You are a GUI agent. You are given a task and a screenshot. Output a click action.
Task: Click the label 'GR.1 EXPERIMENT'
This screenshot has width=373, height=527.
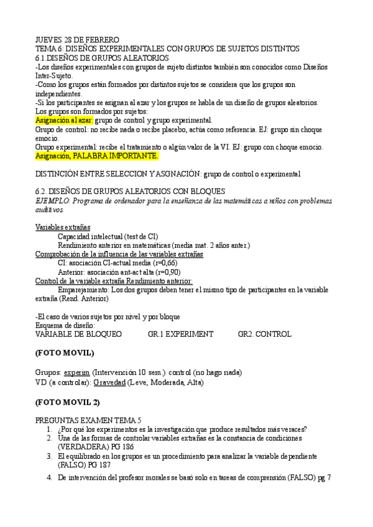180,334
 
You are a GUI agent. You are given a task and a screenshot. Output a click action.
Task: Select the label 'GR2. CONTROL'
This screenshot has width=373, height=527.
264,334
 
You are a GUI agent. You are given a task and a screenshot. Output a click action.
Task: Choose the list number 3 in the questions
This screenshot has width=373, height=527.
49,456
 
